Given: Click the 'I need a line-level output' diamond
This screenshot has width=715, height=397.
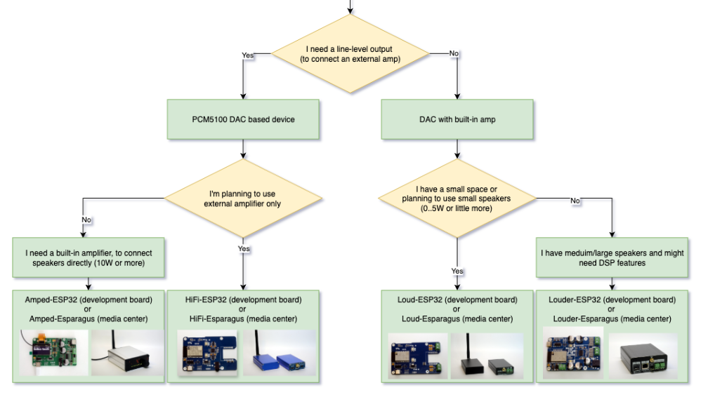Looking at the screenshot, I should point(350,54).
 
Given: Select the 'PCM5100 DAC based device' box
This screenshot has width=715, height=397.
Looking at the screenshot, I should point(242,119).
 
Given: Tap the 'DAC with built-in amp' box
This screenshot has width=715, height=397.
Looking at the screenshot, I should point(458,119).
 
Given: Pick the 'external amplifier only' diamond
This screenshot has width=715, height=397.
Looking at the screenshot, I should point(242,198).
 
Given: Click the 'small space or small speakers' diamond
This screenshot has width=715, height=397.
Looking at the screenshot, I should point(457,198).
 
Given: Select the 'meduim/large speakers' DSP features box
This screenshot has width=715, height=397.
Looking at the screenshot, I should point(612,257).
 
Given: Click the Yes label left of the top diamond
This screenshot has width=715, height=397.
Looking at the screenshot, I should point(248,55).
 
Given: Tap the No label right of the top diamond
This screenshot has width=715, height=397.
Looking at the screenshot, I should point(454,53).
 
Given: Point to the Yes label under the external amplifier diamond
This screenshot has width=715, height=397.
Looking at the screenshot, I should point(244,248).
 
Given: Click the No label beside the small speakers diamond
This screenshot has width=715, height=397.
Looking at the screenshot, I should point(575,201).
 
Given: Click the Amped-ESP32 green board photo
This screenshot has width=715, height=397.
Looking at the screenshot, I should point(53,353).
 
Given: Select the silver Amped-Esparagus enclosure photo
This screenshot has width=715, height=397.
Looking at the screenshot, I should point(126,353).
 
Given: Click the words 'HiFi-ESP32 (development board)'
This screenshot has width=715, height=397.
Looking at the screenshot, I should point(242,300).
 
